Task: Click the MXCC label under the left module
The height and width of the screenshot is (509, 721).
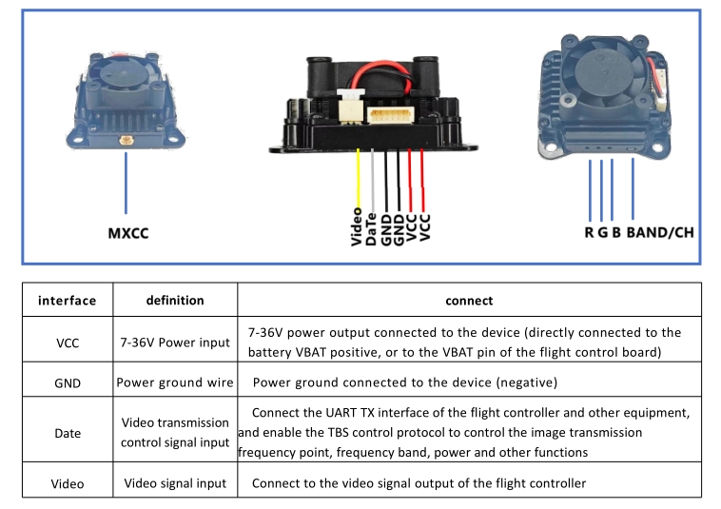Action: click(x=128, y=233)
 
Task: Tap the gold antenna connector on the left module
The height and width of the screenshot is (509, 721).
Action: click(x=126, y=140)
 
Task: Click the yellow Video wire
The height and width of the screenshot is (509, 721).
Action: click(x=359, y=180)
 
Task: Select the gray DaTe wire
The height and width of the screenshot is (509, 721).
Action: click(x=373, y=181)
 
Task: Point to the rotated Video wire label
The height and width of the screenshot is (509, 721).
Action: click(x=357, y=226)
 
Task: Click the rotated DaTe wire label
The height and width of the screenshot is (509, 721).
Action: click(x=371, y=229)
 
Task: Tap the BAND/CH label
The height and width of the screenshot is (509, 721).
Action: click(x=660, y=233)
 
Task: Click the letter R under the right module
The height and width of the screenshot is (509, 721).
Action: click(x=589, y=233)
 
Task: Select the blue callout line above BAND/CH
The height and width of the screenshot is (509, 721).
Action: click(x=633, y=188)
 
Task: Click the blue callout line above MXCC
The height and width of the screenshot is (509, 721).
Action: click(x=126, y=183)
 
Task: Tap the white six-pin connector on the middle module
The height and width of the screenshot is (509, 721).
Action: click(x=390, y=115)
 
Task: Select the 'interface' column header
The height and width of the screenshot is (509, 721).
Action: click(x=68, y=301)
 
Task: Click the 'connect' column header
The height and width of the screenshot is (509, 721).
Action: click(x=469, y=301)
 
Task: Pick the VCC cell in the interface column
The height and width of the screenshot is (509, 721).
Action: click(x=68, y=343)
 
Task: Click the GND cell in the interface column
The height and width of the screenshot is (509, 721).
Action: click(x=68, y=383)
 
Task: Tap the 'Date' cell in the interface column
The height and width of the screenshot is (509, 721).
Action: click(x=68, y=433)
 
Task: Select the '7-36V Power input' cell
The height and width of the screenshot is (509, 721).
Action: click(x=175, y=343)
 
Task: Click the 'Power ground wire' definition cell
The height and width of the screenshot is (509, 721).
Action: click(x=175, y=382)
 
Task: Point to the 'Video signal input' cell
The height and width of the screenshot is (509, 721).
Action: click(x=175, y=483)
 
